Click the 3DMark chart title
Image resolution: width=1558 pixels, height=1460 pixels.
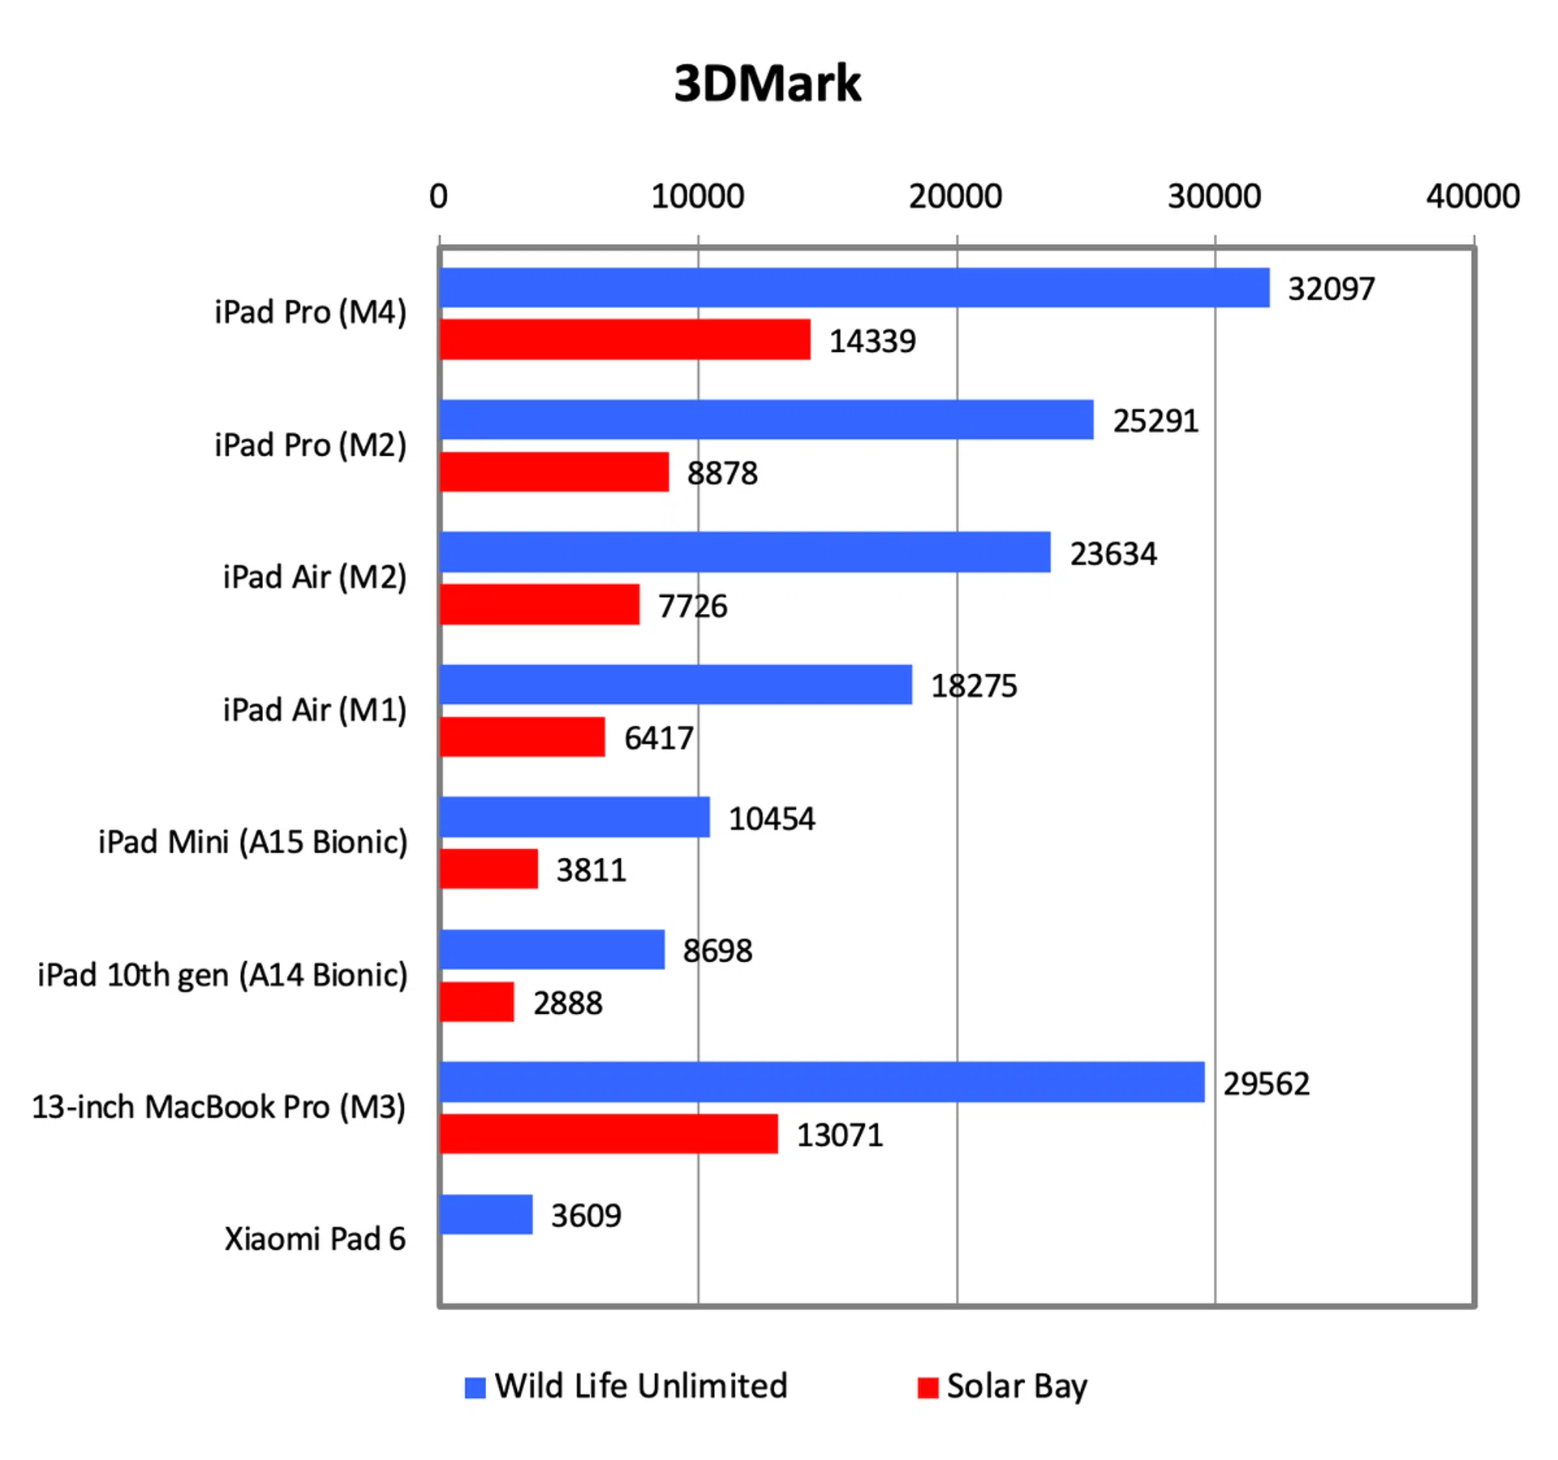767,83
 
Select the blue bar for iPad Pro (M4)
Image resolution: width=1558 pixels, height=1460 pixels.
854,288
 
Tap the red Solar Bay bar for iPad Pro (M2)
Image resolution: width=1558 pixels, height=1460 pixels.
554,472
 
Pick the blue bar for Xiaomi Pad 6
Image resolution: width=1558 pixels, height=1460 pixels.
486,1214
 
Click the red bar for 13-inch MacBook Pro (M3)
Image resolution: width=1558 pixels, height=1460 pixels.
609,1134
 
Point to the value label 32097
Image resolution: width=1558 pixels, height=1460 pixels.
1331,289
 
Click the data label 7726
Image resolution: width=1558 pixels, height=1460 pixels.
692,606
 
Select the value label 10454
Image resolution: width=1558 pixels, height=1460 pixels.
772,818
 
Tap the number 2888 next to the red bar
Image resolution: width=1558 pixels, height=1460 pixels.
567,1003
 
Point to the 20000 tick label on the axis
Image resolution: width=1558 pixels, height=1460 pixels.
955,196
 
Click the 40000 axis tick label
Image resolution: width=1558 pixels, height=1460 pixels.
1473,196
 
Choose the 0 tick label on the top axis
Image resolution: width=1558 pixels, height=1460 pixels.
438,196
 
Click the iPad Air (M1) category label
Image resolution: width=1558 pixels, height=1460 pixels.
315,710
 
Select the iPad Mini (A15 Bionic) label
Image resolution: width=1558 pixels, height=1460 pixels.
252,842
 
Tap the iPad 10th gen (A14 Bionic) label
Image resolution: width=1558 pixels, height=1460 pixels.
222,975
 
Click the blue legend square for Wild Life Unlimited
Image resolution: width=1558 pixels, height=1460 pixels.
475,1388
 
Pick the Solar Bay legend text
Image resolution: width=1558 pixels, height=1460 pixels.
1017,1386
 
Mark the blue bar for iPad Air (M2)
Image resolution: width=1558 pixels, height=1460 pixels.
745,552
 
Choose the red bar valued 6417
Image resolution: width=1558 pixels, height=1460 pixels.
523,737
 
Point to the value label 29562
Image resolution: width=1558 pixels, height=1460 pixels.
1266,1084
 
